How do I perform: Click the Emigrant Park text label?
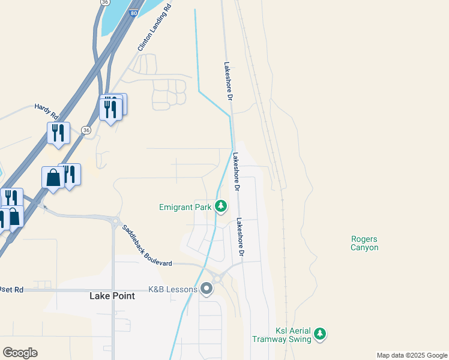pos(185,207)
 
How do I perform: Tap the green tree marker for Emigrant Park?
pos(221,207)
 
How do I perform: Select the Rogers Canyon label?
pos(365,243)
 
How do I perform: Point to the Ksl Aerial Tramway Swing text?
pos(294,335)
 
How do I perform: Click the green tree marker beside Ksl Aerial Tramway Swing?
pos(321,333)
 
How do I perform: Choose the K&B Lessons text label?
pos(173,290)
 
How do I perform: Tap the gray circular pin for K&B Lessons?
pos(207,290)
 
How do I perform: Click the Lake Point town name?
pos(112,296)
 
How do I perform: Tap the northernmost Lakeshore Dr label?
pos(228,81)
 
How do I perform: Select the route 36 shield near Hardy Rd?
pos(86,130)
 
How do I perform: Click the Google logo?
pos(20,353)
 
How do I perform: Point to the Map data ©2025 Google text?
pos(412,355)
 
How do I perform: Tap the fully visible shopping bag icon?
pos(53,178)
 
